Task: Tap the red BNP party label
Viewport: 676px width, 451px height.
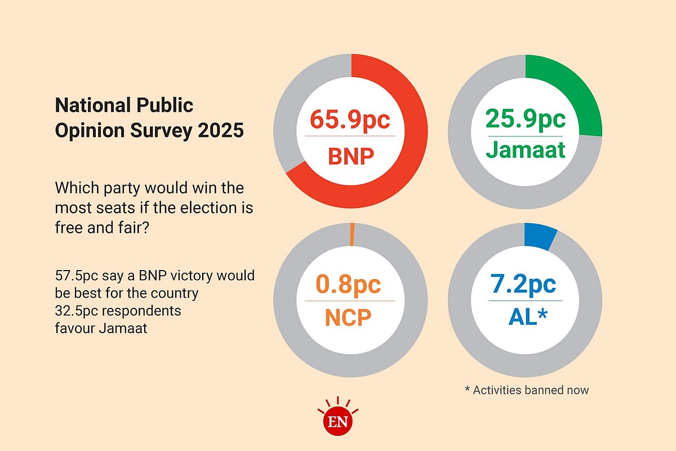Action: pos(351,155)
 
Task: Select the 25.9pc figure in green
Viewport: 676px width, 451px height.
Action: pos(525,120)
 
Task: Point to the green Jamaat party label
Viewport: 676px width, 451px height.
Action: pos(525,151)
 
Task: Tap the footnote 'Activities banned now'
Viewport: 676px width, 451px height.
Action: pos(527,390)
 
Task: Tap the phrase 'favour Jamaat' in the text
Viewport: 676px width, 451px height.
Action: pos(101,328)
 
